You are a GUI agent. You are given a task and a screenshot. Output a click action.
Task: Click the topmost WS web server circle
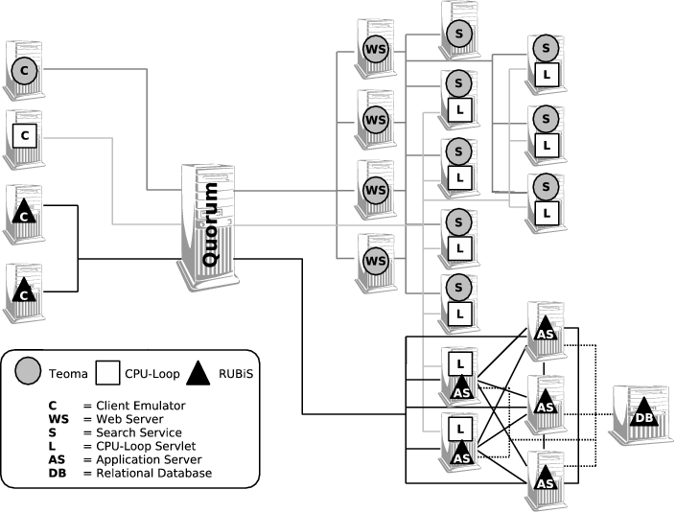376,49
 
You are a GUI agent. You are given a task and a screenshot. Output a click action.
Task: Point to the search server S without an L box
459,32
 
